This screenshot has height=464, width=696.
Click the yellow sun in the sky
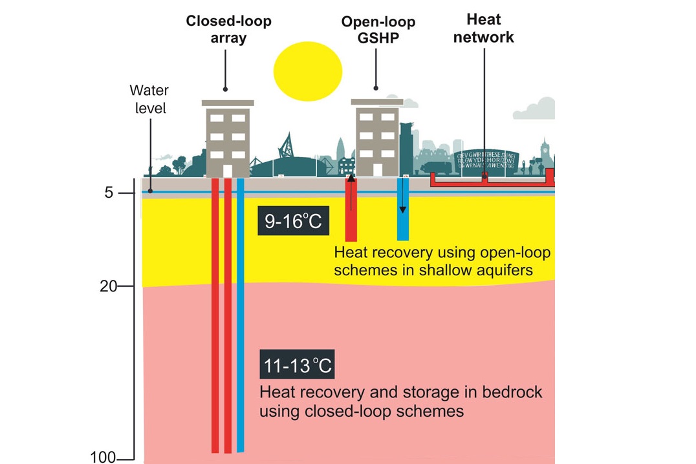[x=307, y=72]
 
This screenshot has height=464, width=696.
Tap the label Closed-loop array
[x=228, y=29]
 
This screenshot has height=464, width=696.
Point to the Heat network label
[x=483, y=28]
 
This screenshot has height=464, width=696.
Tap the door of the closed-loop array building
[x=227, y=169]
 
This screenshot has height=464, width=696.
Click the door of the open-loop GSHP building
[x=377, y=169]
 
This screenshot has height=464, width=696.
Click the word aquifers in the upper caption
[x=501, y=270]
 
